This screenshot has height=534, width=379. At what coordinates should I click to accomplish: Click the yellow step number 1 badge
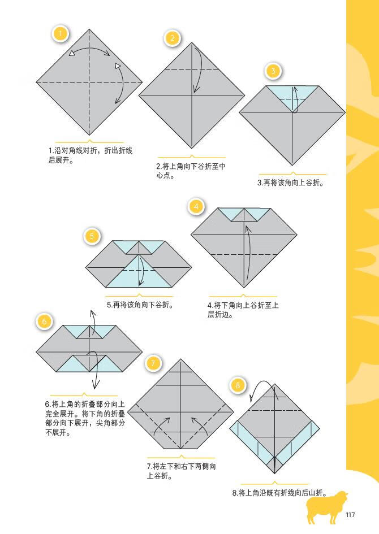[x=61, y=33]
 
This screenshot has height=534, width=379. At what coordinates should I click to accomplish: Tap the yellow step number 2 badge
[x=173, y=38]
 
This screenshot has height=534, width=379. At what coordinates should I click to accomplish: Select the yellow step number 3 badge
[x=273, y=71]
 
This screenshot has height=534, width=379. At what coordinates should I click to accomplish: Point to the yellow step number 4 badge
[x=196, y=206]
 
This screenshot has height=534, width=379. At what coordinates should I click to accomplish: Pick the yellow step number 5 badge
[x=92, y=236]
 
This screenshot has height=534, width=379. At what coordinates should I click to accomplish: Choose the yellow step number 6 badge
[x=45, y=322]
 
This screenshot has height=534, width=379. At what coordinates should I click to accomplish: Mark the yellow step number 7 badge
[x=153, y=362]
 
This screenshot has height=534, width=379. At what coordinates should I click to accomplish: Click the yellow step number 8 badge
[x=238, y=385]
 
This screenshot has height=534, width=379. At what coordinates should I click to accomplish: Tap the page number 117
[x=350, y=514]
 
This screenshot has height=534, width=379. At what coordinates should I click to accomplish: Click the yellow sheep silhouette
[x=326, y=506]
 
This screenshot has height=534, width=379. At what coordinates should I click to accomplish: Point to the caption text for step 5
[x=139, y=305]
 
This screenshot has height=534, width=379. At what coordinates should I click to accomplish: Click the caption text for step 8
[x=279, y=493]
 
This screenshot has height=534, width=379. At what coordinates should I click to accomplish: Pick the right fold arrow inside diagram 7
[x=199, y=424]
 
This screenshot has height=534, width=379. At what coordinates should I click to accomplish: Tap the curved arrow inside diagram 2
[x=197, y=71]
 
